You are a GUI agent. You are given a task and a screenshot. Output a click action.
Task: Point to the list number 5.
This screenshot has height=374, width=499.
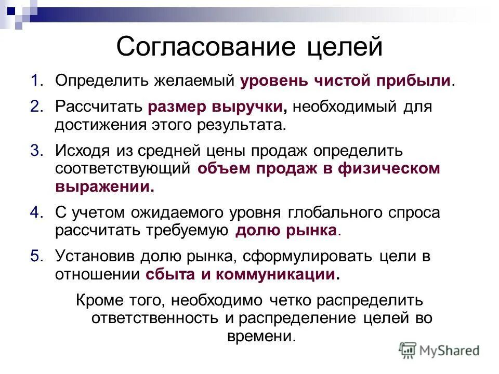point(36,256)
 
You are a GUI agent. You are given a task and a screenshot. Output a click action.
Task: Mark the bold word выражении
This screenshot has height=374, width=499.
point(104,186)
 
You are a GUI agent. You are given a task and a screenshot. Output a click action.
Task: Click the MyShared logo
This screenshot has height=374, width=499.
point(439,350)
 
